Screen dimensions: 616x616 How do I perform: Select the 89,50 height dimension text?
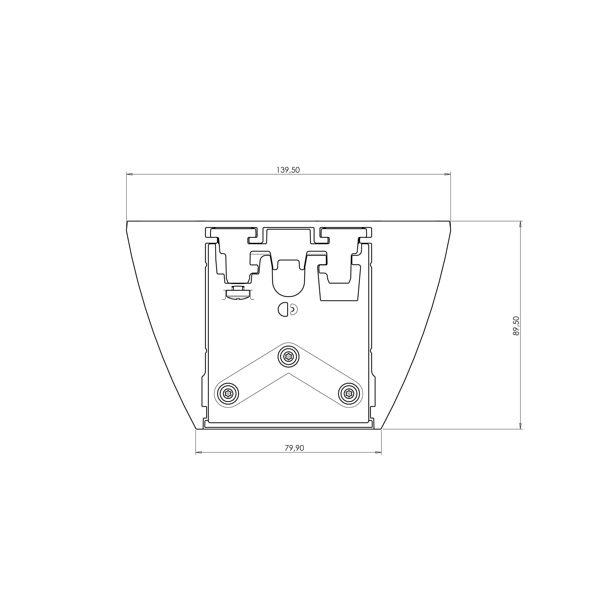point(516,326)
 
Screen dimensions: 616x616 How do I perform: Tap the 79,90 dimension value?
point(294,448)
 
